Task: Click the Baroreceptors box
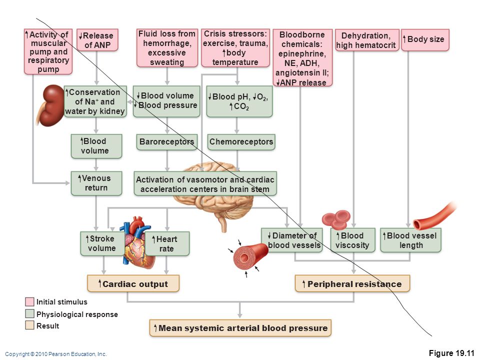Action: tap(167, 141)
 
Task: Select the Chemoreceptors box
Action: tap(241, 141)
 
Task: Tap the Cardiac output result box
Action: tap(133, 283)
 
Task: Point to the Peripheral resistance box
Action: tap(352, 283)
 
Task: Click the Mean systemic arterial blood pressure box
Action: tap(240, 328)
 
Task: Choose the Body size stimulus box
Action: tap(425, 39)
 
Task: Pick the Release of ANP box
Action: tap(97, 40)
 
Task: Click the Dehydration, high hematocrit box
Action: tap(367, 40)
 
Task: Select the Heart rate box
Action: tap(167, 243)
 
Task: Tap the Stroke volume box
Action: tap(102, 243)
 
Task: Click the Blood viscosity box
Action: tap(353, 240)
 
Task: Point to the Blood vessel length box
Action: tap(411, 240)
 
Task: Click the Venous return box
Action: tap(96, 183)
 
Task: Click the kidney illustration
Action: tap(50, 105)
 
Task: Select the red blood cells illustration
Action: tap(336, 219)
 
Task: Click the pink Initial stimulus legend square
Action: tap(29, 302)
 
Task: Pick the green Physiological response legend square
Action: tap(29, 314)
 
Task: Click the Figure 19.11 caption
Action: tap(451, 353)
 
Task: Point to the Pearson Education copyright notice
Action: tap(56, 354)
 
